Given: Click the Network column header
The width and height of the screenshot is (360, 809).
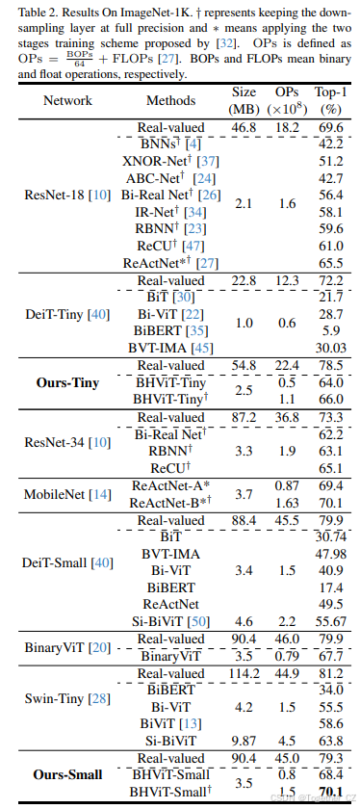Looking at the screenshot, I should click(67, 100).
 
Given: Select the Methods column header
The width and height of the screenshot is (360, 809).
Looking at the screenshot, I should click(170, 100).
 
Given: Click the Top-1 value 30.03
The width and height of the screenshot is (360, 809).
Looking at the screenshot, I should click(329, 348).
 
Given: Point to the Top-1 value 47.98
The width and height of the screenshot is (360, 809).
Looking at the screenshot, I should click(329, 554).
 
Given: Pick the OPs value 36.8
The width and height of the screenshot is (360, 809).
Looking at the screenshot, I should click(287, 417).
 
